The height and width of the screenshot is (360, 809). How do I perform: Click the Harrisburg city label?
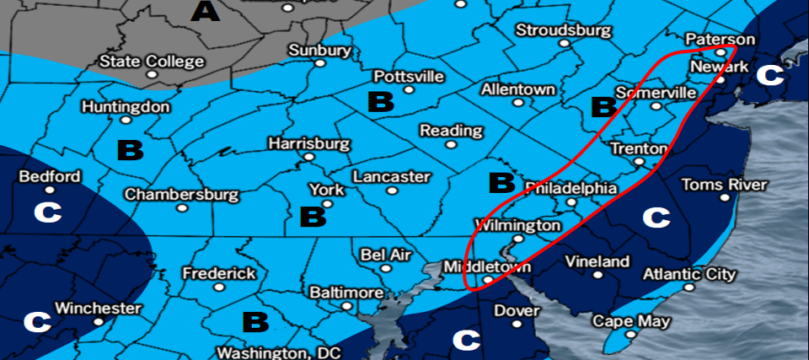[308, 143]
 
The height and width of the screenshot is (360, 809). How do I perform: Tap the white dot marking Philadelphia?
[572, 202]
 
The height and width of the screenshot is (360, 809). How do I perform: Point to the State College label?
[152, 62]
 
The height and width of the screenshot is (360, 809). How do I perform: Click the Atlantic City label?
[689, 274]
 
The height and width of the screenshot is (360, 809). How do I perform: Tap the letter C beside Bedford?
[47, 212]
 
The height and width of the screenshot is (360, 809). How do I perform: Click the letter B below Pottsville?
[381, 103]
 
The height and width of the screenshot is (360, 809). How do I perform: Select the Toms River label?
[724, 185]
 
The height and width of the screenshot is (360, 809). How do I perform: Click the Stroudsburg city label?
[563, 30]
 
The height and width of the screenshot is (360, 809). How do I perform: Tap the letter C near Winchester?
[36, 321]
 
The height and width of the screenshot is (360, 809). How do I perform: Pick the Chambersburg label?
[182, 195]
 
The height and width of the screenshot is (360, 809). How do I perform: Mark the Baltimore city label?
[346, 293]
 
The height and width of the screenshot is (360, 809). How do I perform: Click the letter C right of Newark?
[769, 75]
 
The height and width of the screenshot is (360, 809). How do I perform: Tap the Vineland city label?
[597, 261]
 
